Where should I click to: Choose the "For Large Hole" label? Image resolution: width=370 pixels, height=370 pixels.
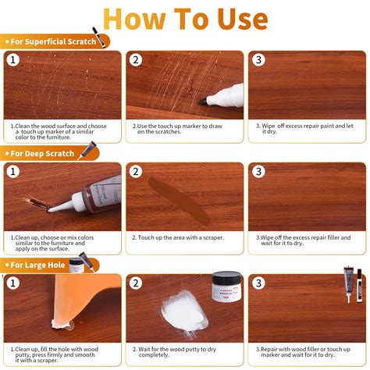coord(37,265)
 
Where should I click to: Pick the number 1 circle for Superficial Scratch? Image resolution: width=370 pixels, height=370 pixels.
coord(13,59)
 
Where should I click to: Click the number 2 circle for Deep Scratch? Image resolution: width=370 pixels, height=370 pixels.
coord(136,171)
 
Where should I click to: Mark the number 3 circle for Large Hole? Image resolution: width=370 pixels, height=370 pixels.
coord(258,283)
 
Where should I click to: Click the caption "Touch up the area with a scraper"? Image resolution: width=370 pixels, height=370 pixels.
coord(179,237)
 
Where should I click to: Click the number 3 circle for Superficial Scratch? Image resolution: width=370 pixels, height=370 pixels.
coord(258,59)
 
